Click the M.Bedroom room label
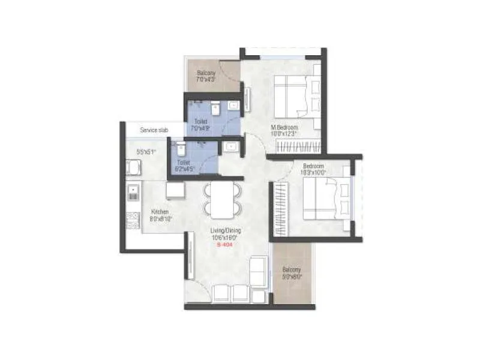(285, 127)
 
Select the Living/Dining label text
(222, 231)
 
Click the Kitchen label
(160, 212)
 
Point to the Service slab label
(154, 130)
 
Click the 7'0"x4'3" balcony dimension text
(206, 79)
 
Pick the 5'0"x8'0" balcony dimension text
(292, 277)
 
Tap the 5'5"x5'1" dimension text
(146, 152)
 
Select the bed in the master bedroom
(295, 97)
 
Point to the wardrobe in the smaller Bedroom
(280, 204)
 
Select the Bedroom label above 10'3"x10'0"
(313, 166)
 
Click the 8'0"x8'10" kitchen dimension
(160, 219)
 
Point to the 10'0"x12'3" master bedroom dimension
(285, 134)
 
